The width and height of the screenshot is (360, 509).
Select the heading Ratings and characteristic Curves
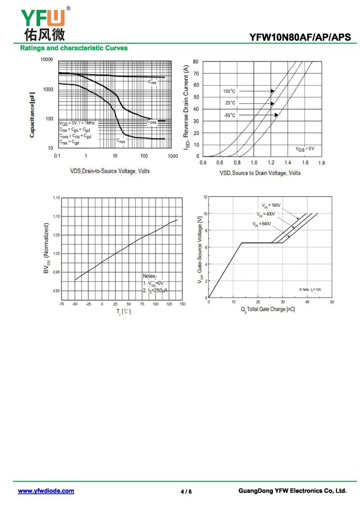tap(73, 48)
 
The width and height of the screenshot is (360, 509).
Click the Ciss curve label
tap(153, 82)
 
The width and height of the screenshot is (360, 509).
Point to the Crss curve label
tap(121, 141)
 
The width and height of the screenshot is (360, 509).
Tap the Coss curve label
tap(152, 122)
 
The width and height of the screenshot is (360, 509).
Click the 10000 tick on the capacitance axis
tap(46, 60)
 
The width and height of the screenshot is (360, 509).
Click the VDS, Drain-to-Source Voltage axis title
tap(110, 171)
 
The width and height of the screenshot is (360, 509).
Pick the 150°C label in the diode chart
tap(229, 91)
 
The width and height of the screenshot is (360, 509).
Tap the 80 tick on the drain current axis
tap(196, 61)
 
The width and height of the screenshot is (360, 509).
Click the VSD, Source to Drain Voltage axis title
tap(260, 173)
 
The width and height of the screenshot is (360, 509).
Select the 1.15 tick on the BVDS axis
tap(56, 198)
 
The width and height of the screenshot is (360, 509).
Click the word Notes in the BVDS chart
tap(149, 276)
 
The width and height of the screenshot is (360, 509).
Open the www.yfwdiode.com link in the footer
tap(46, 491)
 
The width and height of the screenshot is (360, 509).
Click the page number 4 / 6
tap(186, 491)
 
